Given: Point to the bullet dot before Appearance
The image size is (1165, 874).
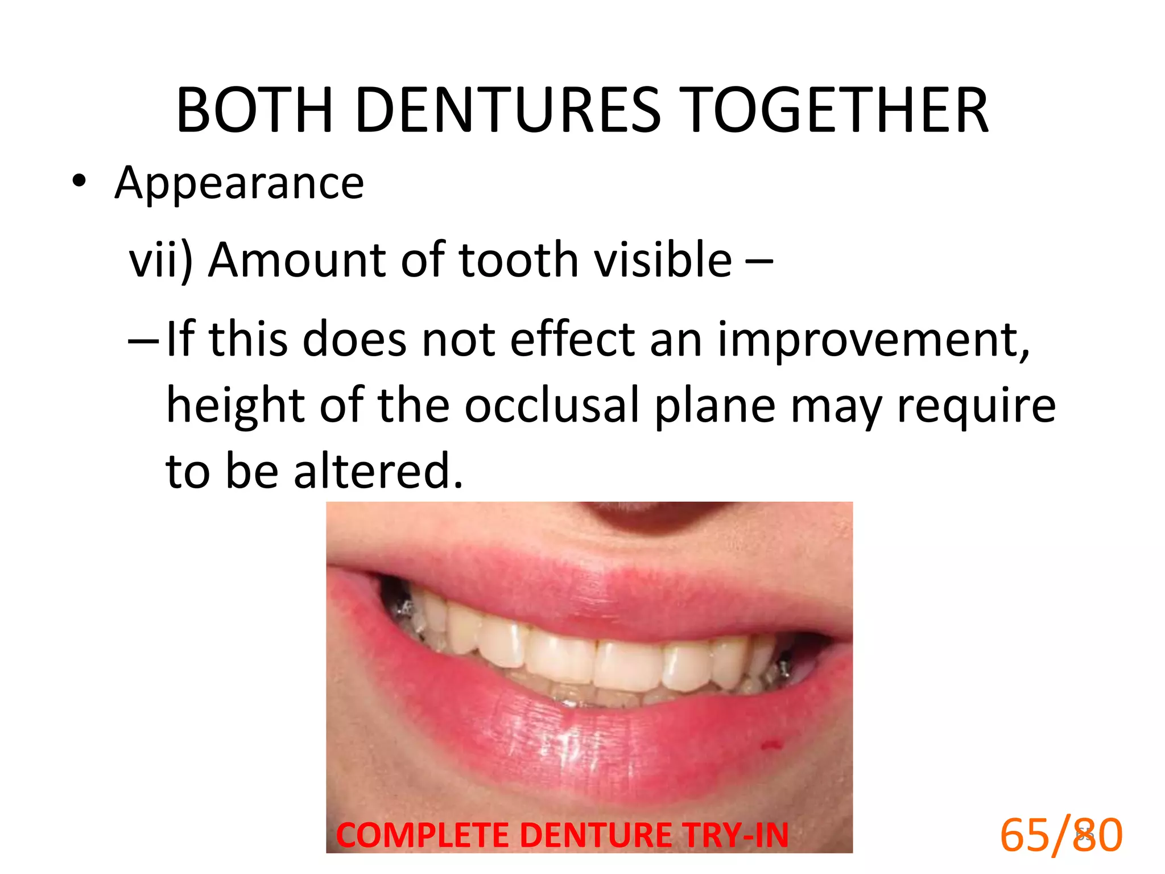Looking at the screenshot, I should point(79,182).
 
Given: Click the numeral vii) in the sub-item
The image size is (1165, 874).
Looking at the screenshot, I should point(161,261).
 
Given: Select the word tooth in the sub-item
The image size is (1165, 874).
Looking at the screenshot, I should point(518,259).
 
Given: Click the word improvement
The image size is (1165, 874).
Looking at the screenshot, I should point(873,340).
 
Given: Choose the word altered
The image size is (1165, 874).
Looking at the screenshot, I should point(378,472).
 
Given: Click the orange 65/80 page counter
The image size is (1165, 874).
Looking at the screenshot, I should point(1061,835).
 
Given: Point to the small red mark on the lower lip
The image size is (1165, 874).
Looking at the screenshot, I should point(771,744).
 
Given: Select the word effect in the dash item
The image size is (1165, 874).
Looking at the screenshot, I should point(572,340).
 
